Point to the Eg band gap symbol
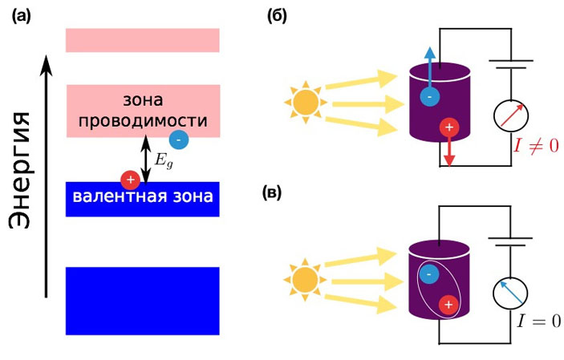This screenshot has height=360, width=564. (x=164, y=157)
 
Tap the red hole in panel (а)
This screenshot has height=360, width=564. (x=128, y=179)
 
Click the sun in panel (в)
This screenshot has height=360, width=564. (x=305, y=281)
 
